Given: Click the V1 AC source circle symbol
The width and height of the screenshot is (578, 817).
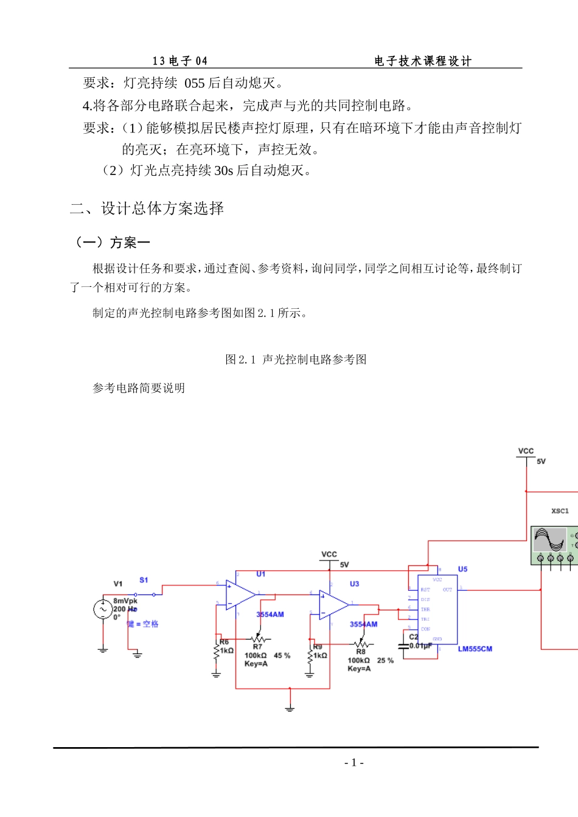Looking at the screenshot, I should pyautogui.click(x=103, y=609).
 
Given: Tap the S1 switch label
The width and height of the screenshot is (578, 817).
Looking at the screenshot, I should pyautogui.click(x=144, y=580).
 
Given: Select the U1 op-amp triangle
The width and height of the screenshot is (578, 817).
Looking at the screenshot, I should pyautogui.click(x=240, y=595).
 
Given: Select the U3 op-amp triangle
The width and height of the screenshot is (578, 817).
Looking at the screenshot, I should pyautogui.click(x=333, y=605).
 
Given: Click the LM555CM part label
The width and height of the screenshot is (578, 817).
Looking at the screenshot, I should pyautogui.click(x=475, y=649).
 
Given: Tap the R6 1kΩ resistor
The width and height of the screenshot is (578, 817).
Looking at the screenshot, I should pyautogui.click(x=217, y=650).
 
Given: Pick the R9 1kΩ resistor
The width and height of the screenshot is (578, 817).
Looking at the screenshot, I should pyautogui.click(x=310, y=655).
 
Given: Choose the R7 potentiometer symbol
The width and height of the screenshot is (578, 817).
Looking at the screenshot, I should pyautogui.click(x=259, y=639).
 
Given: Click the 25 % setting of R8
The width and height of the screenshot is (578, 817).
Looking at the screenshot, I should pyautogui.click(x=385, y=660).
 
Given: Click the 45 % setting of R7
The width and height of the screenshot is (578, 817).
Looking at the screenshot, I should pyautogui.click(x=282, y=656).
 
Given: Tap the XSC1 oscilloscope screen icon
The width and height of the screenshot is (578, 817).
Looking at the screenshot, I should pyautogui.click(x=549, y=540).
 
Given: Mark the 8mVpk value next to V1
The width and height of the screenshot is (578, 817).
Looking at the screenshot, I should pyautogui.click(x=125, y=601).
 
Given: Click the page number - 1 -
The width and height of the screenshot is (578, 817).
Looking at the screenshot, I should pyautogui.click(x=353, y=763).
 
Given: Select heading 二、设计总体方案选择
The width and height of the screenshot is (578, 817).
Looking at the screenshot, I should pyautogui.click(x=147, y=209).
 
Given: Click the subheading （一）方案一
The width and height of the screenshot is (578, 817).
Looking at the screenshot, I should pyautogui.click(x=111, y=243).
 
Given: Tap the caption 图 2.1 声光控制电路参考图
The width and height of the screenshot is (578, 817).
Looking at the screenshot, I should pyautogui.click(x=296, y=359).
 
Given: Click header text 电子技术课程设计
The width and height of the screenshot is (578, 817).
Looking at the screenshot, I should pyautogui.click(x=423, y=61).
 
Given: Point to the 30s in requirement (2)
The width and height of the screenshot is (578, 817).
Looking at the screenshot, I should pyautogui.click(x=223, y=170).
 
